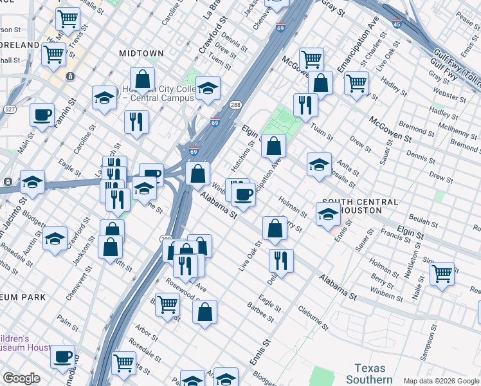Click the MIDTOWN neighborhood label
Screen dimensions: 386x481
click(x=140, y=53)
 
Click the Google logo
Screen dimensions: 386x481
click(x=21, y=379)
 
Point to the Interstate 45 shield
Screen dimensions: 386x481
click(x=396, y=24)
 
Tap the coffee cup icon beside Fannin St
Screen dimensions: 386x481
click(x=42, y=115)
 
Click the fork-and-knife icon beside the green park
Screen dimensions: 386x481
click(x=305, y=104)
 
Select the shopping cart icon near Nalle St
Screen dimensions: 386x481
click(x=442, y=273)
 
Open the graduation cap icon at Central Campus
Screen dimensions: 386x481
click(x=208, y=87)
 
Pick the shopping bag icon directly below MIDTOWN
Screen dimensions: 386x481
click(x=142, y=79)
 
